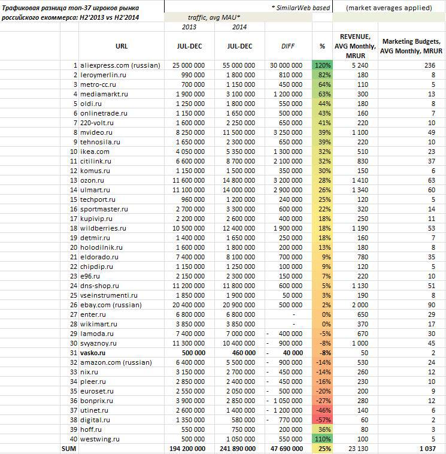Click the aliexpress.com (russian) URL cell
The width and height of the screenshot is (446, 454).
(x=120, y=65)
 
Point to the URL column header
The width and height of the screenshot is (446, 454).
(x=121, y=46)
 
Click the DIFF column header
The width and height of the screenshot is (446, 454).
(x=292, y=46)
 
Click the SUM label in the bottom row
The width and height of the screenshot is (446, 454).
(x=68, y=449)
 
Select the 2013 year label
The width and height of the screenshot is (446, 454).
(x=189, y=27)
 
